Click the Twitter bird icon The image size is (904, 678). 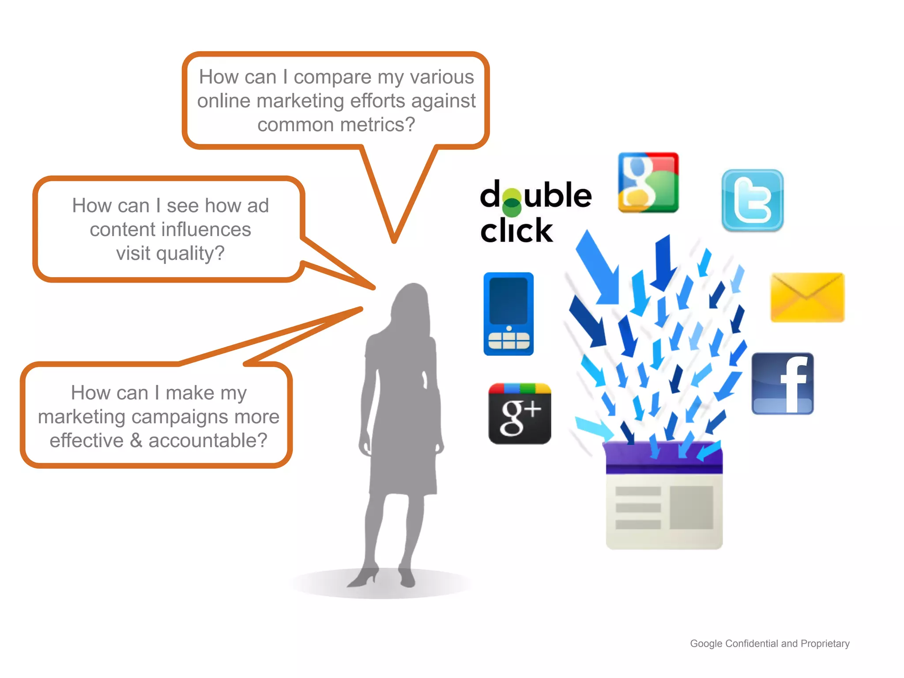[753, 200]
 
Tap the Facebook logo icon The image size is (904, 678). [783, 384]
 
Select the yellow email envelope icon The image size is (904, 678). [807, 298]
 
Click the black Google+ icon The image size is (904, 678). [520, 414]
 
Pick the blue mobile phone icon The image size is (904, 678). [508, 314]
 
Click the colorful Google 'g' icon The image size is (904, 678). [648, 182]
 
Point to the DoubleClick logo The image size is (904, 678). [535, 212]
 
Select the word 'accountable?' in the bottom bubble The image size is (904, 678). [208, 441]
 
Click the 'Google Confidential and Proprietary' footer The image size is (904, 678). [769, 644]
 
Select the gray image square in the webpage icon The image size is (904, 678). [691, 508]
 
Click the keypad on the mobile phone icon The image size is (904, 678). [508, 340]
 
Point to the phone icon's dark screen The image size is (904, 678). [508, 301]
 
